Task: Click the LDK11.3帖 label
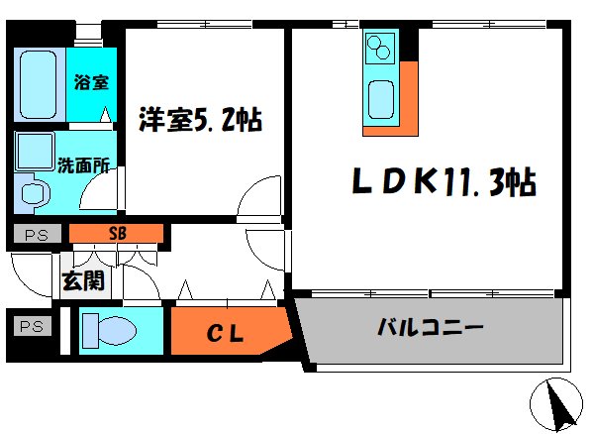445,182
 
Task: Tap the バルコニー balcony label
430,326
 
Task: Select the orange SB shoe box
117,234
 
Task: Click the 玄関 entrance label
83,281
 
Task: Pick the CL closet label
226,332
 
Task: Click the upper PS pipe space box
36,235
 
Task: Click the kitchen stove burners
380,47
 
